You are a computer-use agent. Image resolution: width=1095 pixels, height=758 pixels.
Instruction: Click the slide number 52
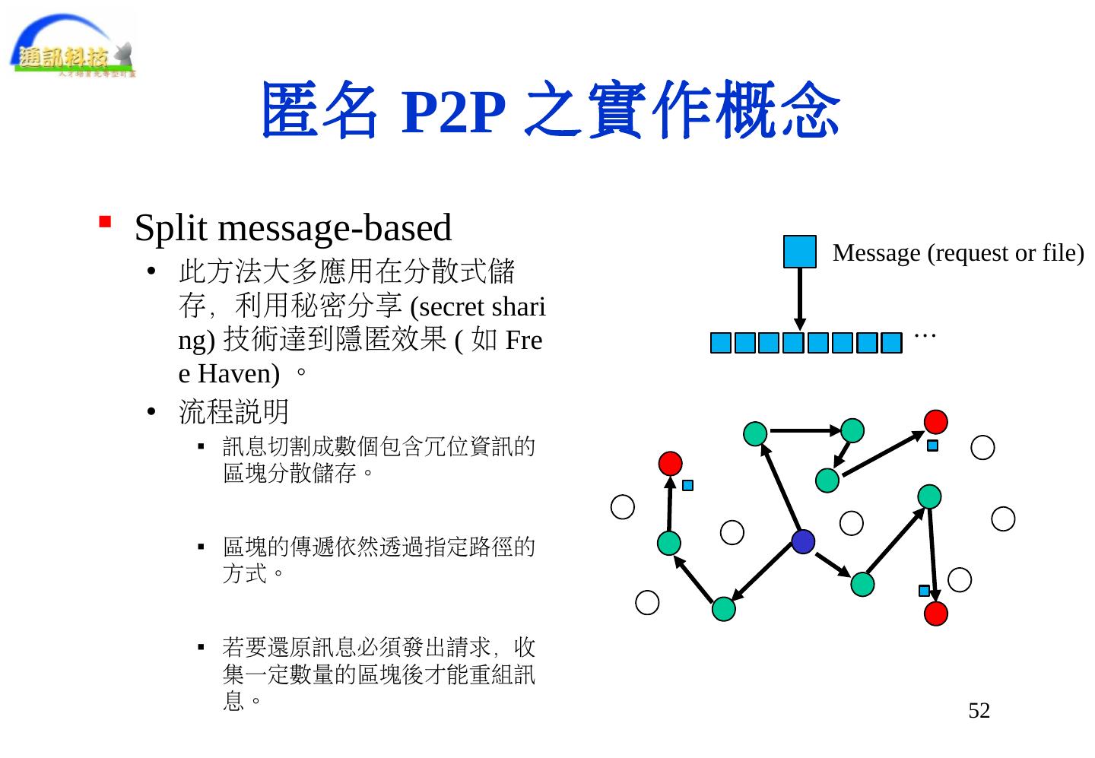pos(979,711)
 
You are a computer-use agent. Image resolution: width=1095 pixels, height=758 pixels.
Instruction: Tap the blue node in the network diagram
pos(803,541)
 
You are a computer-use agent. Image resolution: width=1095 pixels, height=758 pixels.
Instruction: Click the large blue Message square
pos(799,252)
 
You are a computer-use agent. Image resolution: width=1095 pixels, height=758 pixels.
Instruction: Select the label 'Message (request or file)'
pos(958,253)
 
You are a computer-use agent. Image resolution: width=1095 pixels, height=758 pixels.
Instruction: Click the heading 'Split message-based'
pos(293,227)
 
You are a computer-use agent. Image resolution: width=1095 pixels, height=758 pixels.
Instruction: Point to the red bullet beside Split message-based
pos(106,222)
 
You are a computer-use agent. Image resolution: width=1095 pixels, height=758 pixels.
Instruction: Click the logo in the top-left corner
pos(73,46)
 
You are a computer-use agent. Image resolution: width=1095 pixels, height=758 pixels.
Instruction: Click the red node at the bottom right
pos(936,613)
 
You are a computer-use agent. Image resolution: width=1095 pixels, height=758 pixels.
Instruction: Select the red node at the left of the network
pos(670,463)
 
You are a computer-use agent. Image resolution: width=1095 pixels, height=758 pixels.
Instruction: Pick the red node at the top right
pos(936,421)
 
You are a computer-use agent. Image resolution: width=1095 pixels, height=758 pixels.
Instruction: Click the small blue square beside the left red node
pos(687,485)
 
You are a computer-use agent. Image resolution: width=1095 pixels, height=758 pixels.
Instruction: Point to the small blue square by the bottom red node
pos(924,591)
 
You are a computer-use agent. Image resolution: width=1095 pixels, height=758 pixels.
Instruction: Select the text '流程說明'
pos(233,412)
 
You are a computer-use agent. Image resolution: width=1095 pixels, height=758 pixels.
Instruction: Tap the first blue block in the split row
pos(720,344)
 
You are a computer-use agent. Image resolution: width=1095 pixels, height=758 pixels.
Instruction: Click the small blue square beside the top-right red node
pos(932,446)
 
